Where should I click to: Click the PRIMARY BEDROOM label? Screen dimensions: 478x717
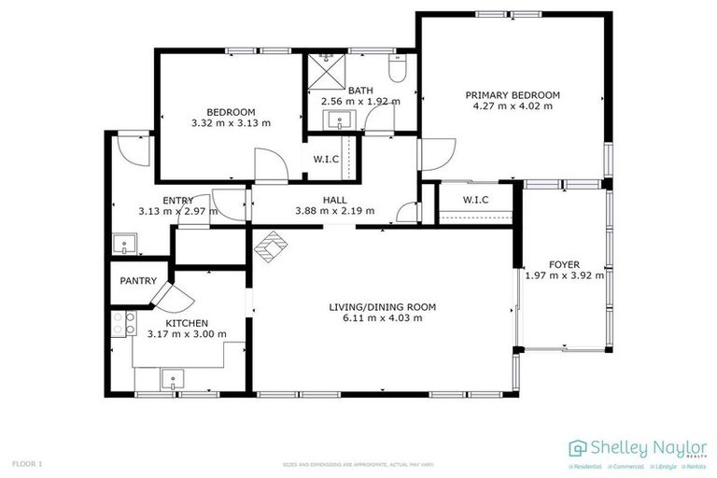513,94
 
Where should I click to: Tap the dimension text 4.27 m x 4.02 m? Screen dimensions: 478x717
513,106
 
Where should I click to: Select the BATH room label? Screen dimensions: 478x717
359,89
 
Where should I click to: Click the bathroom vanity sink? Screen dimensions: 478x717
338,119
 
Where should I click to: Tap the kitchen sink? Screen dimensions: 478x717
172,378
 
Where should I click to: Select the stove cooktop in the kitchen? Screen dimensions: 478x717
121,322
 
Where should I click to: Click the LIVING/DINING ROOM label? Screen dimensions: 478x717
382,306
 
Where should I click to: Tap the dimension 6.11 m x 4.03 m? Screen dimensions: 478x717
382,318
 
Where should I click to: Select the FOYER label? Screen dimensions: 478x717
564,263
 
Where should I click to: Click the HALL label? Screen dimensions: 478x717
334,199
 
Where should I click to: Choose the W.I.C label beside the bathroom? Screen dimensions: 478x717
326,159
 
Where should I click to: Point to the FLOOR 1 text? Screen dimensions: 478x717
27,463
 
